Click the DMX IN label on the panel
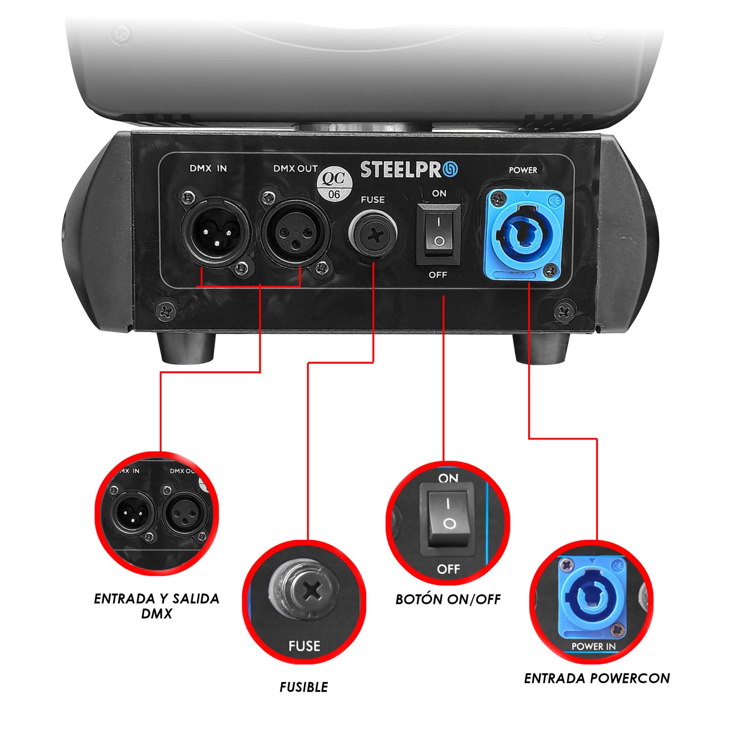pos(208,168)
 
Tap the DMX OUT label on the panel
pos(295,168)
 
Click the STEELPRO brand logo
pos(409,169)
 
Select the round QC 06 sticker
pos(334,185)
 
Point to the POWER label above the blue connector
pos(523,170)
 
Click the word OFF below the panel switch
pos(438,275)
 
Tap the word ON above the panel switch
pos(439,193)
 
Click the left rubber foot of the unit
pos(186,348)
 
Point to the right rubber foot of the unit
pos(541,348)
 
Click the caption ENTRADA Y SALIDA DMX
pos(156,606)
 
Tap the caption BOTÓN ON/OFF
pos(448,599)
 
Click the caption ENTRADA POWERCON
pos(597,678)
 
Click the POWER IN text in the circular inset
pos(593,646)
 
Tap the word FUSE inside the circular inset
pos(304,646)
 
